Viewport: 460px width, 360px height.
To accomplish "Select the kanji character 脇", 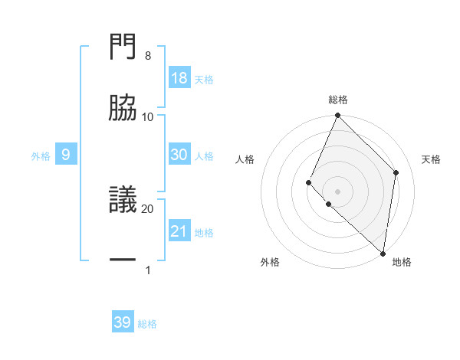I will [x=123, y=106].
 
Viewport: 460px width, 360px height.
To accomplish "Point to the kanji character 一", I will [x=123, y=260].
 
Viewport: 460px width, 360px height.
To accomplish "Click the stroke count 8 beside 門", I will [x=148, y=55].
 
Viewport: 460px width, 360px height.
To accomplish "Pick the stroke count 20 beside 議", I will [x=148, y=208].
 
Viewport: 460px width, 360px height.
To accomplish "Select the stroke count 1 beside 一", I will [x=148, y=270].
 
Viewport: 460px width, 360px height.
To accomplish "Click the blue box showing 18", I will [x=179, y=78].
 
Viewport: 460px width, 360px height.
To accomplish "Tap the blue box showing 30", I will [x=179, y=155].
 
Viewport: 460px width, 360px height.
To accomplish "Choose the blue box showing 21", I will [x=179, y=231].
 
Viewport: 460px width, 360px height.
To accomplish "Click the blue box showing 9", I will [x=66, y=155].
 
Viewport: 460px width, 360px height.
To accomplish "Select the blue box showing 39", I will [x=123, y=322].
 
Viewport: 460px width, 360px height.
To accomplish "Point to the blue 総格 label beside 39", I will [x=147, y=324].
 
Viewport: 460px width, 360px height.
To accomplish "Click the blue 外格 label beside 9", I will [x=41, y=156].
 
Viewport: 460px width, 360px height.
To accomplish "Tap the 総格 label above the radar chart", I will [x=337, y=100].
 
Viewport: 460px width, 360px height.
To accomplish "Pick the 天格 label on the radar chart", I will [x=431, y=159].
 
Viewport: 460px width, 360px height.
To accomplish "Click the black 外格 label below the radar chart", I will [x=270, y=262].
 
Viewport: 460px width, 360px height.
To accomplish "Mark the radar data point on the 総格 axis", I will [x=337, y=116].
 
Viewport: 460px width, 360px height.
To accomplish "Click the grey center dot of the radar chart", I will [x=337, y=191].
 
